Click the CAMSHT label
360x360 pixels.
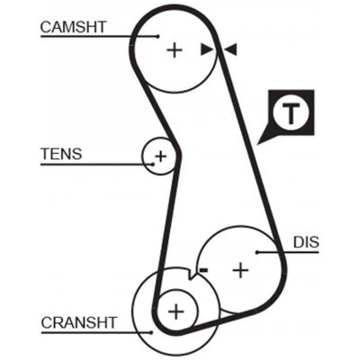pos(74,27)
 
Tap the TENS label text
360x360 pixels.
pos(61,154)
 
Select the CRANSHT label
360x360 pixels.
pos(79,323)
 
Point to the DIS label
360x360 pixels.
pos(306,242)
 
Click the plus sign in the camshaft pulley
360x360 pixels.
pos(175,50)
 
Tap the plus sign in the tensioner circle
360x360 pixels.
pos(160,156)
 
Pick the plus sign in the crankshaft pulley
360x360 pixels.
pos(176,311)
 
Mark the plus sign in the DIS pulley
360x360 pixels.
pos(240,271)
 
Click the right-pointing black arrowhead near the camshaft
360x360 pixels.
pos(206,49)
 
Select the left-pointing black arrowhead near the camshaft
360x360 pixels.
pos(231,49)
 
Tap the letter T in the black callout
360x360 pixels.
pos(290,113)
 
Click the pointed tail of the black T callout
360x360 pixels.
pos(258,144)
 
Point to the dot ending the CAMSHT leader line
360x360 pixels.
pos(158,37)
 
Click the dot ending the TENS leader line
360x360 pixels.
pos(153,165)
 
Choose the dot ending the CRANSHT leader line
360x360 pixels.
pos(151,332)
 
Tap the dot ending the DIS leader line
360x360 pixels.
pos(257,252)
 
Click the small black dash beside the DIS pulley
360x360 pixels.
pos(203,270)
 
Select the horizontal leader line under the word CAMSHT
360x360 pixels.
pos(99,37)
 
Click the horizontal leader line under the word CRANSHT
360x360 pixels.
pos(96,332)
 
